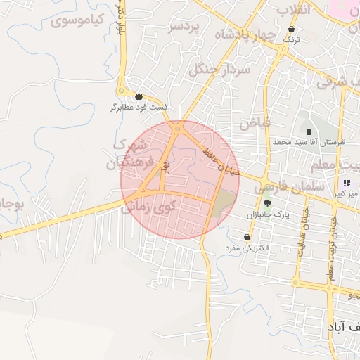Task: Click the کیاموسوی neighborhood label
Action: (x=77, y=20)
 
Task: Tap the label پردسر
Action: (x=184, y=27)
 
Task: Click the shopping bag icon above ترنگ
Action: (x=291, y=30)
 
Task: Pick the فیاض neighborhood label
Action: (x=255, y=123)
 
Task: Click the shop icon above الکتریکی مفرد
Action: (x=247, y=238)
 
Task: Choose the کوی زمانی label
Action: (x=148, y=208)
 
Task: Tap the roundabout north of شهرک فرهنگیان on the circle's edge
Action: (x=179, y=127)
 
